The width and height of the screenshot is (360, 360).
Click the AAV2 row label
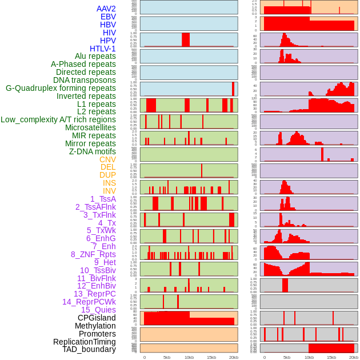106,9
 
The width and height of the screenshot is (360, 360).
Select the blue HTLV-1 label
103,49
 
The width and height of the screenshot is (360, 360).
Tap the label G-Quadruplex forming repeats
61,88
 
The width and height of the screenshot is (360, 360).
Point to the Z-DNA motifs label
93,151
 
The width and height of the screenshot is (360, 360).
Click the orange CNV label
107,159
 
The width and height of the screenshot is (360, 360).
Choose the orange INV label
109,191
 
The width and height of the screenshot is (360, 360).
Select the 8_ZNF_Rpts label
93,254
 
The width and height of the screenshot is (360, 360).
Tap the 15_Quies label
98,310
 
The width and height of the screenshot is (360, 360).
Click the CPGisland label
97,318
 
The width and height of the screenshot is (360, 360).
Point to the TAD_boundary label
89,349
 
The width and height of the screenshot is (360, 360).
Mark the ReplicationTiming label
85,342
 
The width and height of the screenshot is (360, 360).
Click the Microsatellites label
90,127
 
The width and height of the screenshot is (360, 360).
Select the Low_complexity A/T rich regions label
58,119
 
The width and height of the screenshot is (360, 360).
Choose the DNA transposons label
85,80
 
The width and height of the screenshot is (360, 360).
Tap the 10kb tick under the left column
189,357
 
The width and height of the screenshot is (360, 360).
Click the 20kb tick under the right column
354,357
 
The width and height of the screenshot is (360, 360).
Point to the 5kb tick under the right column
286,357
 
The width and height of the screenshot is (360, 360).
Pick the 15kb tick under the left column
211,357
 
